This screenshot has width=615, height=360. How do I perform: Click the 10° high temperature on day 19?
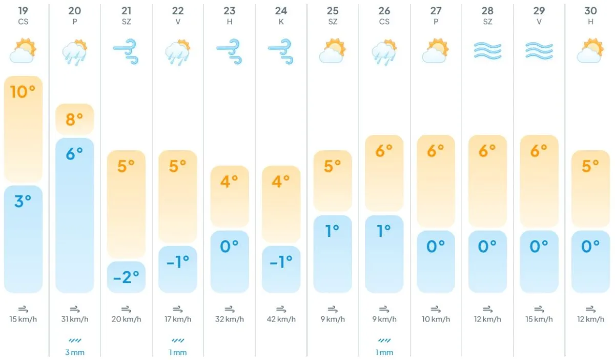pos(23,92)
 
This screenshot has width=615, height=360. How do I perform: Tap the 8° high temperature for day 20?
pos(75,119)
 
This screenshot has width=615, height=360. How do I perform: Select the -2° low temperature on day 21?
pos(126,277)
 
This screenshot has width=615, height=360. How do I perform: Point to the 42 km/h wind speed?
pos(281,319)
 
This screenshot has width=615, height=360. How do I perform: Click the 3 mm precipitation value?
pos(75,352)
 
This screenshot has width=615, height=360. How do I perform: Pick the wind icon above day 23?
pos(229,51)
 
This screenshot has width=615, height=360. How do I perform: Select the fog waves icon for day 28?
pos(487,51)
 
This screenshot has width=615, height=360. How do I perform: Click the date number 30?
pos(590,11)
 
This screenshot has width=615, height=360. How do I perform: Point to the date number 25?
pos(333,11)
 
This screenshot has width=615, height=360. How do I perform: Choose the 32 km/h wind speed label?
pos(229,319)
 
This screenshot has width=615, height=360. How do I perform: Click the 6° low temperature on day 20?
pos(75,153)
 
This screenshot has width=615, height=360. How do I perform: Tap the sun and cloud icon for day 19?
pos(23,51)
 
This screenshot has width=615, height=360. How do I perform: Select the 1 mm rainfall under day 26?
pos(384,352)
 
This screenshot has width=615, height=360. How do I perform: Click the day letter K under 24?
pos(281,22)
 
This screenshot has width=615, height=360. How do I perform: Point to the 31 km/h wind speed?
pos(75,319)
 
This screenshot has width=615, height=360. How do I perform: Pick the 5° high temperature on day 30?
pos(590,166)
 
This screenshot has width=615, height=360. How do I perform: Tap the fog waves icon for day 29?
pos(539,51)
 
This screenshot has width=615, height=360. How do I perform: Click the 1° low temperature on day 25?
pos(333,231)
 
